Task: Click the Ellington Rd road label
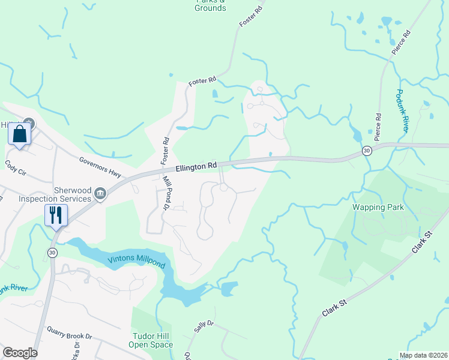click(x=196, y=167)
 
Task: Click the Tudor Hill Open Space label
click(x=151, y=340)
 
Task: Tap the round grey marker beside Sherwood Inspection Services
click(x=100, y=193)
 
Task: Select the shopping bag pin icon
click(x=19, y=134)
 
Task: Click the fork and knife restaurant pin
click(x=56, y=214)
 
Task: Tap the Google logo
click(x=20, y=353)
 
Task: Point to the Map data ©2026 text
click(x=423, y=355)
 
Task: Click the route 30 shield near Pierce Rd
click(x=367, y=152)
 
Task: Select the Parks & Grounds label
click(x=211, y=5)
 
